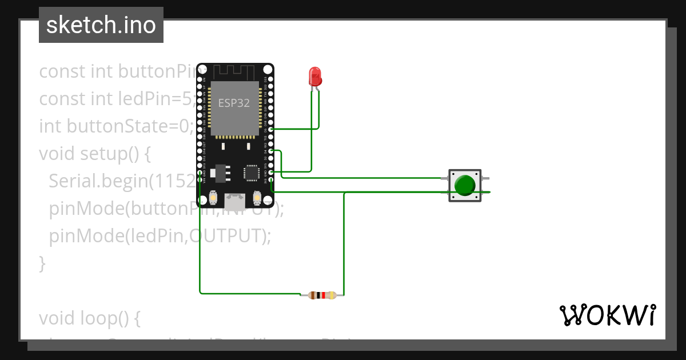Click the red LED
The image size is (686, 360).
(314, 76)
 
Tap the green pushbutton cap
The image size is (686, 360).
(465, 185)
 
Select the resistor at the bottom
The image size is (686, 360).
(322, 295)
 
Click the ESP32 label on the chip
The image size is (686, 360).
(234, 103)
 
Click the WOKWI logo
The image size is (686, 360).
(607, 315)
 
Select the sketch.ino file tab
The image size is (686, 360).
(101, 25)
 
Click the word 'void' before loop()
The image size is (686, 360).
(55, 318)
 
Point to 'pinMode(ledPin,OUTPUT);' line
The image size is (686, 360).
(159, 235)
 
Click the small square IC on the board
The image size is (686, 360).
(252, 172)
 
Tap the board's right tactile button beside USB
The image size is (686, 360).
(257, 198)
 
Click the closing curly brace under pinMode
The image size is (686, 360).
(42, 263)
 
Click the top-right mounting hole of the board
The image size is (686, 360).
(268, 69)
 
